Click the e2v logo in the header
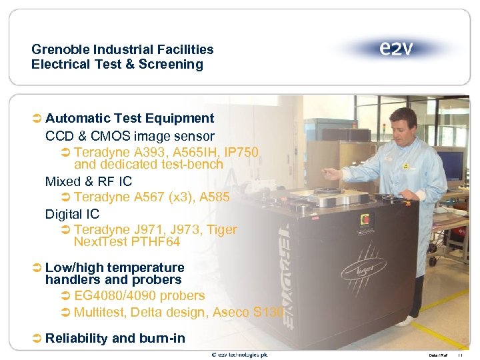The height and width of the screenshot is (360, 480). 396,49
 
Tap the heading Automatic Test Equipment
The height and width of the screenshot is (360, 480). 129,119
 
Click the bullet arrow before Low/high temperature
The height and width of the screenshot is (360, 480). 37,268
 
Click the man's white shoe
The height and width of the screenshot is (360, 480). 404,321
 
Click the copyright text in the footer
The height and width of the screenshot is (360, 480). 239,355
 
